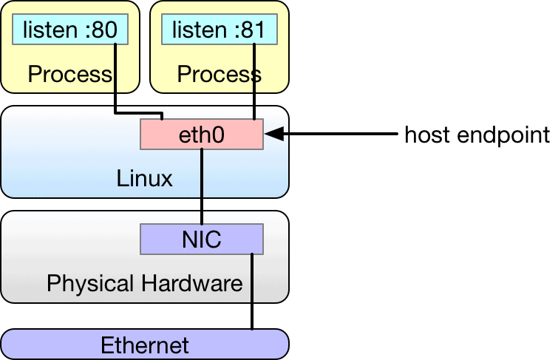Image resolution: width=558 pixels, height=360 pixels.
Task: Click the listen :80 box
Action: point(70,30)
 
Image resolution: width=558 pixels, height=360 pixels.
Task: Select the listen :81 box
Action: point(220,30)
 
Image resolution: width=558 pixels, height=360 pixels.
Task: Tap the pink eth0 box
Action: point(202,135)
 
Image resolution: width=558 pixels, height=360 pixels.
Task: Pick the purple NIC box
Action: point(202,240)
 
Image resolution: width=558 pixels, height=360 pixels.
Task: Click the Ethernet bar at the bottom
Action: point(144,344)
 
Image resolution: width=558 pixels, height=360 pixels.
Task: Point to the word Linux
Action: point(144,178)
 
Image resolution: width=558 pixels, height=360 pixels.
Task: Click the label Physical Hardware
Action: point(144,283)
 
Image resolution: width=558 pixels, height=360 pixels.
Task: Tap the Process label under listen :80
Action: point(69,74)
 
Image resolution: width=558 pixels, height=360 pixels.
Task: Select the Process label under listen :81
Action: point(219,74)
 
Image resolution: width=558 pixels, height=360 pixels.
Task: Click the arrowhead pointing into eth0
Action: point(272,135)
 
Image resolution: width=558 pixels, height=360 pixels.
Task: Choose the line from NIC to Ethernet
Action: point(253,296)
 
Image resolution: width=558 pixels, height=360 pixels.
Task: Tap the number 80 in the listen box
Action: point(106,30)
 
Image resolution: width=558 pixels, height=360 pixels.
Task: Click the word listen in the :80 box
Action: point(47,30)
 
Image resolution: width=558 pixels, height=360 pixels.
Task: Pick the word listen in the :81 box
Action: point(196,30)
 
